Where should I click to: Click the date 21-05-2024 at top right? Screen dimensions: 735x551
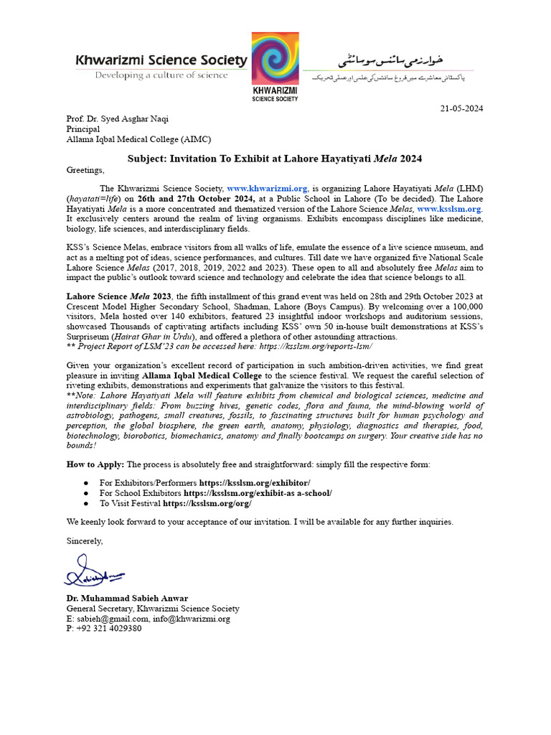pos(461,108)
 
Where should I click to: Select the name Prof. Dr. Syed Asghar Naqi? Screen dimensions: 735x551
pos(118,119)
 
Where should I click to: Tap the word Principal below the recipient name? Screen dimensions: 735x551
pos(83,130)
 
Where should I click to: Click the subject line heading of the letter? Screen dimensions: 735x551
pos(275,156)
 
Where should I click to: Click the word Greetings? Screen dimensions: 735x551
pos(85,170)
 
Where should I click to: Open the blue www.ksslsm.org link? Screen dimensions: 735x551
pos(449,208)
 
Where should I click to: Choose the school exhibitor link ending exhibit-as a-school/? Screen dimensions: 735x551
pos(258,493)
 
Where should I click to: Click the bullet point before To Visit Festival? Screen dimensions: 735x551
pos(86,504)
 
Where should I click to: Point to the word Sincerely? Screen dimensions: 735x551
pos(85,540)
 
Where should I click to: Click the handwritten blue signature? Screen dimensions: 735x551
pos(94,575)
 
